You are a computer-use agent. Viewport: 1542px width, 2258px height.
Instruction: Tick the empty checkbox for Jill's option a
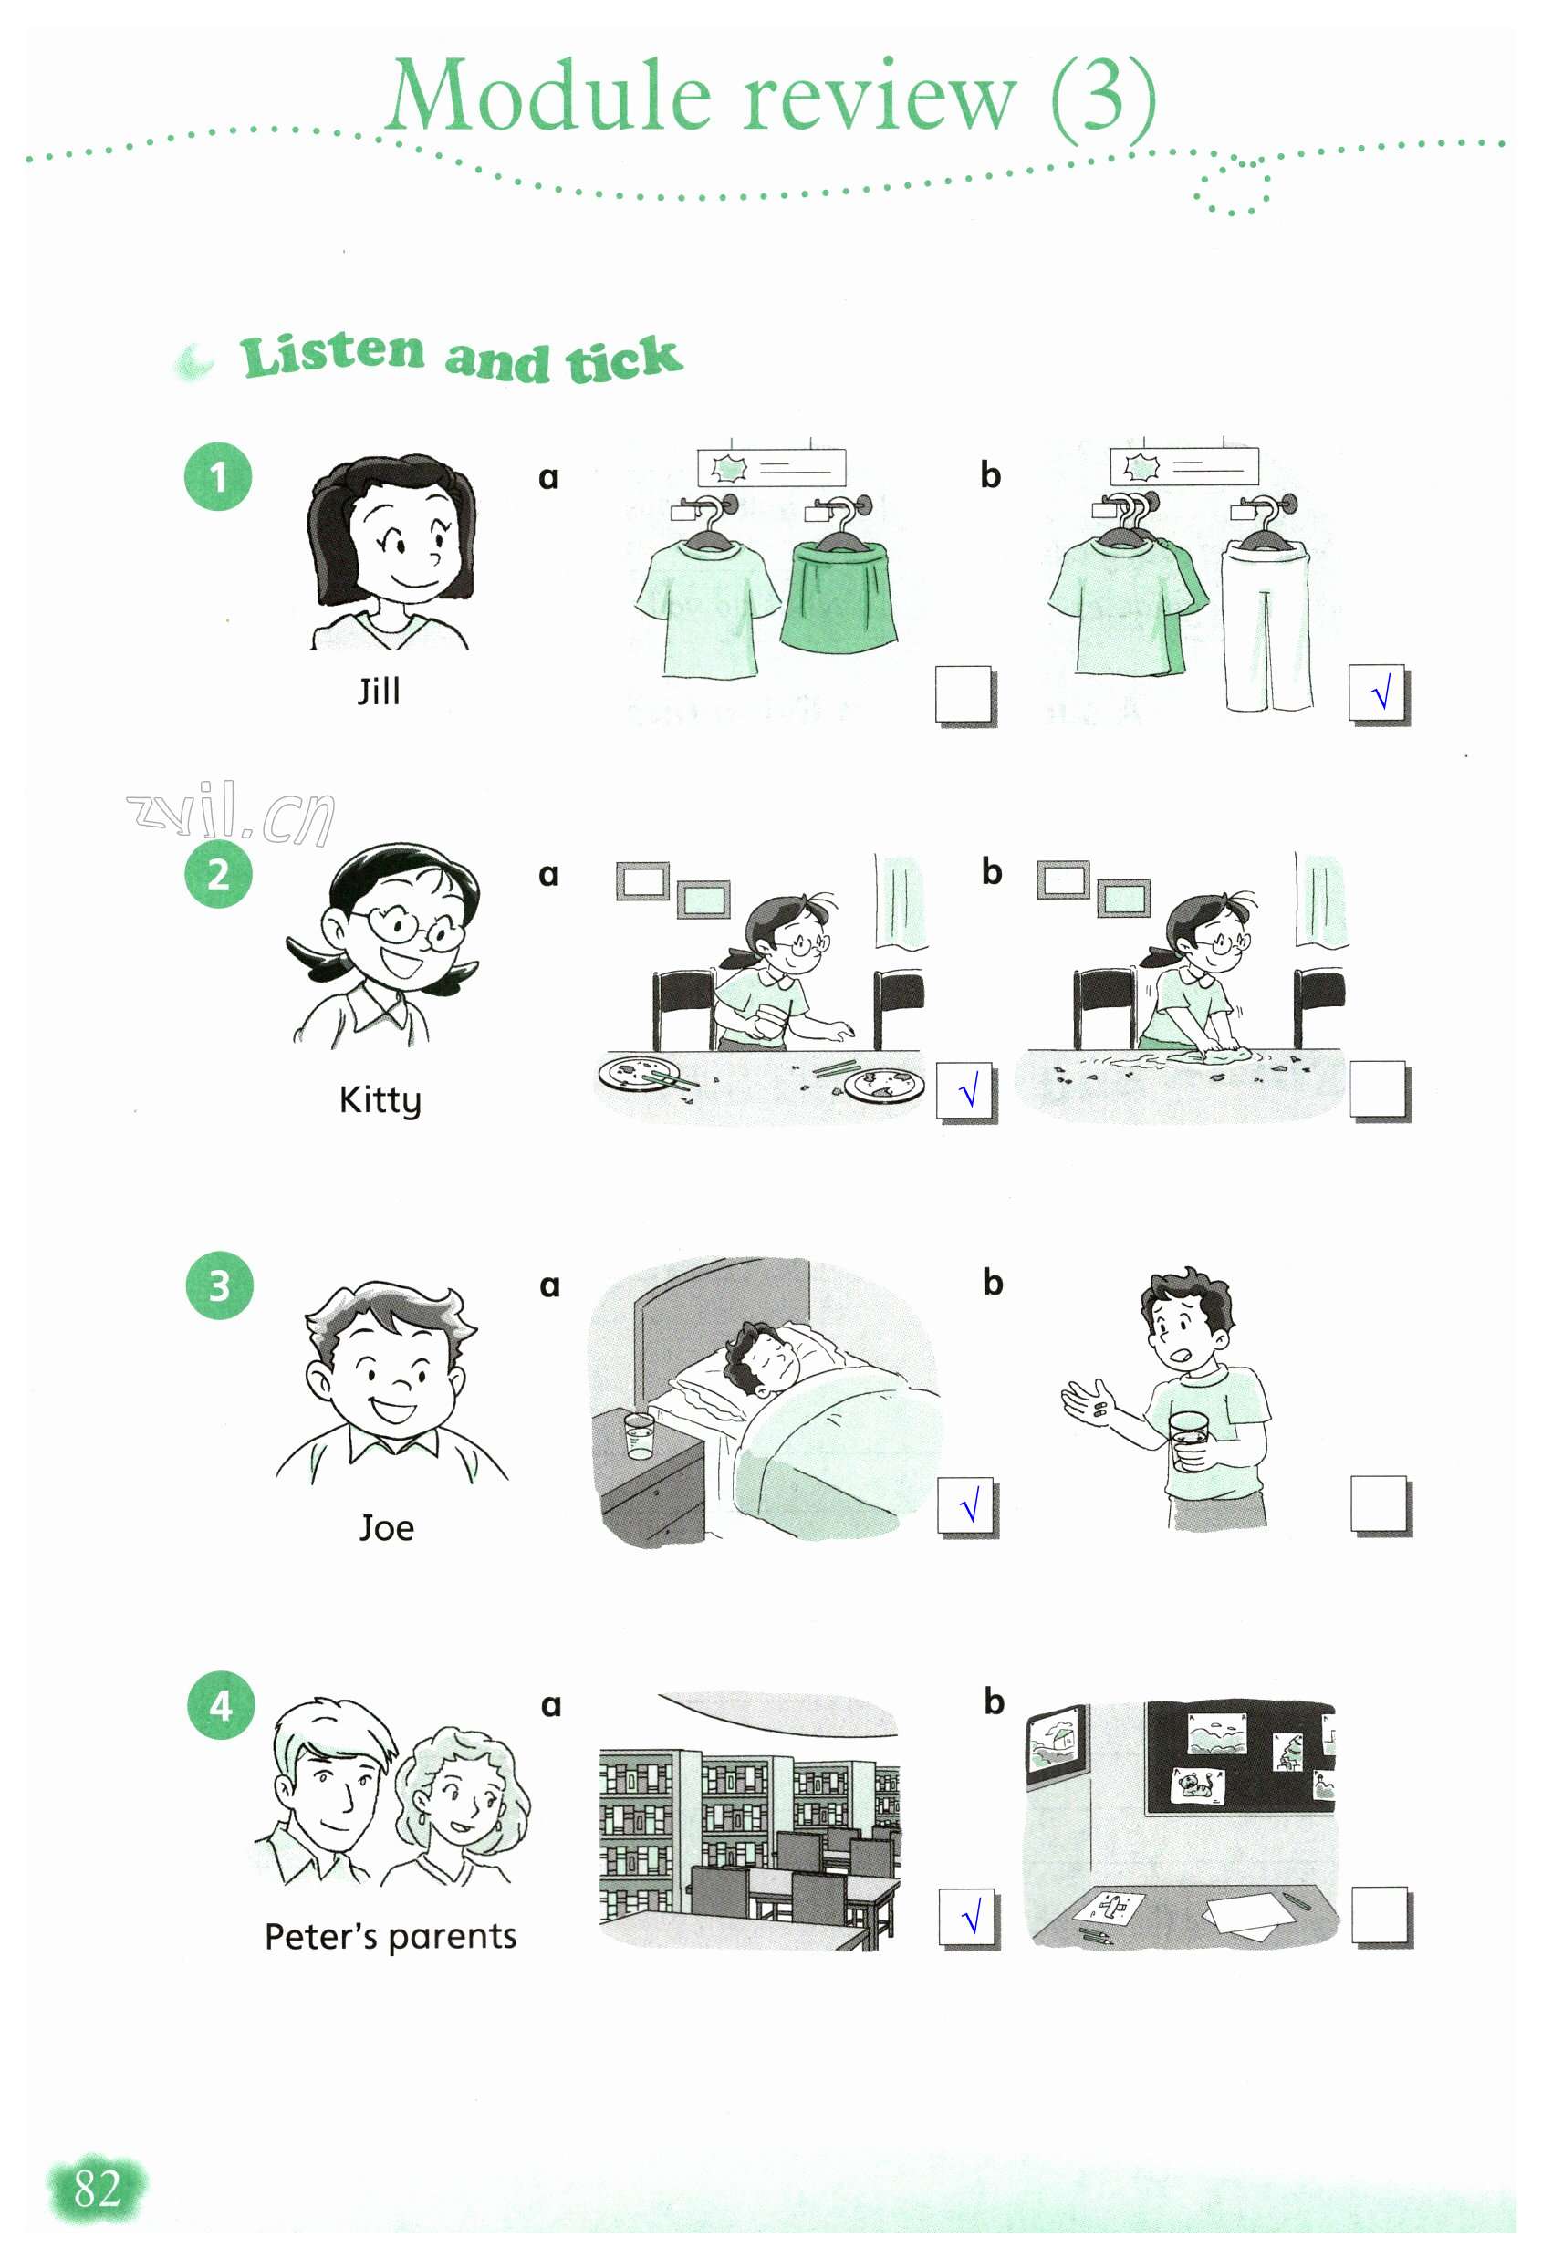[x=964, y=693]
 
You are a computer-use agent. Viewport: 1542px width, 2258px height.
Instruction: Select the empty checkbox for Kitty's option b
[x=1379, y=1090]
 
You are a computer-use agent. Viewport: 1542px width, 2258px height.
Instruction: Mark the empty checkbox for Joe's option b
[x=1380, y=1505]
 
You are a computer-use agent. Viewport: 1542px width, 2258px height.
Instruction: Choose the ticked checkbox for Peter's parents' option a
[x=968, y=1917]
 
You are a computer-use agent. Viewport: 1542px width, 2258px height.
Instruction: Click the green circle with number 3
[x=220, y=1285]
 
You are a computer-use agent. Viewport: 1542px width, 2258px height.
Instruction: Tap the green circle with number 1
[x=219, y=476]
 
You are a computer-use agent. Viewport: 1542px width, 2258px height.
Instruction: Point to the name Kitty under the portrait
[x=380, y=1101]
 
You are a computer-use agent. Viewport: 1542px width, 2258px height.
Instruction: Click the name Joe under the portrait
[x=387, y=1528]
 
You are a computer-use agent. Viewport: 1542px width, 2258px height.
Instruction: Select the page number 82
[x=97, y=2189]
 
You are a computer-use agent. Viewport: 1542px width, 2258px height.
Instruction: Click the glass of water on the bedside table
[x=640, y=1437]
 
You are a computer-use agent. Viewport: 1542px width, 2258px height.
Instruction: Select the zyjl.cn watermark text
[x=231, y=813]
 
